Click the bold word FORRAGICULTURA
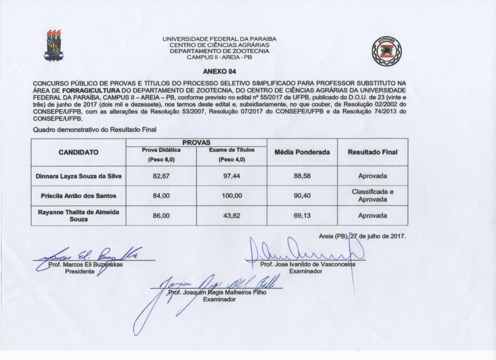point(91,90)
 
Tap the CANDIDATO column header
point(78,152)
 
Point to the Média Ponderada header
point(302,152)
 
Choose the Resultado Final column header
point(372,152)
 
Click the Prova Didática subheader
point(161,150)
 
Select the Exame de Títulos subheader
point(232,150)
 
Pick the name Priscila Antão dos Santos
point(78,196)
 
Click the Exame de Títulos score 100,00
point(232,196)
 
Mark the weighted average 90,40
point(302,196)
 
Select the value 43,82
point(232,216)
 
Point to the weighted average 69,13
point(302,216)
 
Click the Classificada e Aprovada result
point(372,196)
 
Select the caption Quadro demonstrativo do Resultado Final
point(95,130)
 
